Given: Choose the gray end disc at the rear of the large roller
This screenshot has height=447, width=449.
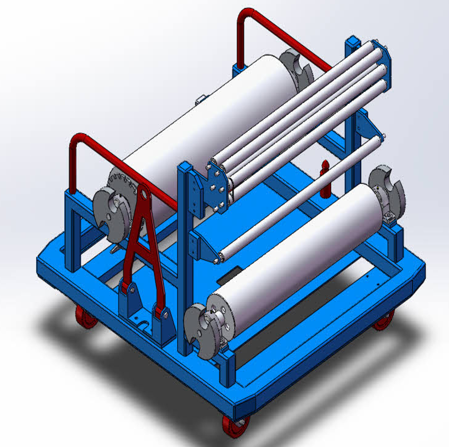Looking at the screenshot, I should (x=295, y=66).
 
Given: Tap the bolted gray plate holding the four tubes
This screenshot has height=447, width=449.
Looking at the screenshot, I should (x=216, y=185).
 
